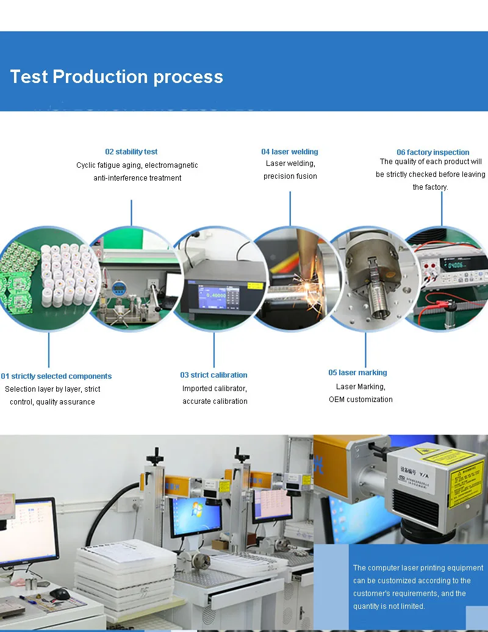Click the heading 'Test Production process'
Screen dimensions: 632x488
click(117, 77)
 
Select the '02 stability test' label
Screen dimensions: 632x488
click(131, 151)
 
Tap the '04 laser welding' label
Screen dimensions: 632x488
click(290, 151)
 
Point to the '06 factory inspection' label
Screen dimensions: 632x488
click(433, 152)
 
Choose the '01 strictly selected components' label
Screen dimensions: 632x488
click(57, 376)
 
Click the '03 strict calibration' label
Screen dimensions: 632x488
click(213, 375)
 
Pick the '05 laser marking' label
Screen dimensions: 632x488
click(357, 372)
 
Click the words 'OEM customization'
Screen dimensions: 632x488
click(361, 399)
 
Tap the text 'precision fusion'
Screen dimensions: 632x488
click(290, 176)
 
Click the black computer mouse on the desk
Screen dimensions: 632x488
click(60, 593)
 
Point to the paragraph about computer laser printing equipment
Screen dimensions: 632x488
click(418, 587)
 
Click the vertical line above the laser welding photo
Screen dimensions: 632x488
click(290, 208)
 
